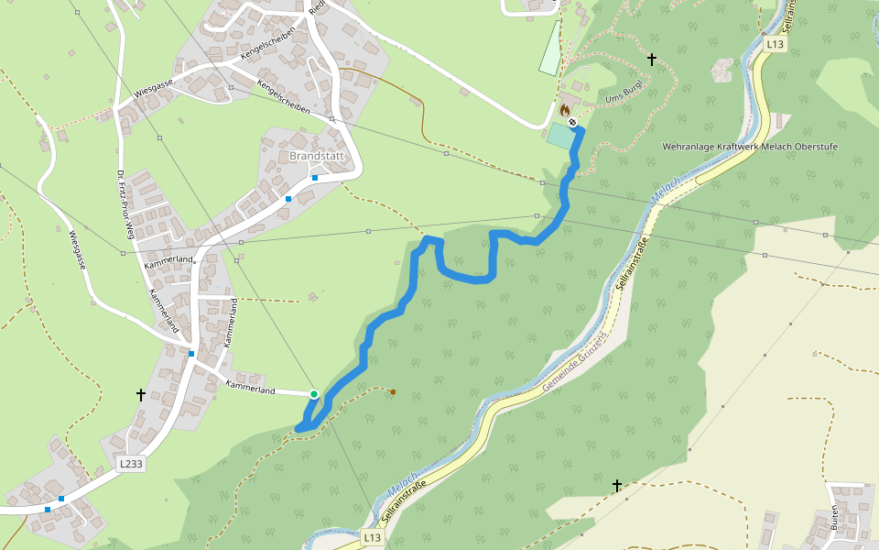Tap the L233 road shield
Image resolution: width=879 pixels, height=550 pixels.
click(132, 465)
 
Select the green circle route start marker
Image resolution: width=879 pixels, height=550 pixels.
click(314, 394)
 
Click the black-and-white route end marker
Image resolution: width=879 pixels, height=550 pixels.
click(572, 121)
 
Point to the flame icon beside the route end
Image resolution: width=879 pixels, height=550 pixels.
click(565, 110)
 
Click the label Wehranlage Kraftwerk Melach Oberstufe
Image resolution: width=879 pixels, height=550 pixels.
click(750, 147)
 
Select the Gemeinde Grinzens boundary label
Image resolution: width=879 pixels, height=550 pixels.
click(575, 365)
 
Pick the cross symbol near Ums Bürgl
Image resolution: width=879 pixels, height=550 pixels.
click(652, 60)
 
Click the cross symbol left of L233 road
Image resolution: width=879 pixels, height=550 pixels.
click(141, 395)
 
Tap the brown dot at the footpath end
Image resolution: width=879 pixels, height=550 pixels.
click(393, 392)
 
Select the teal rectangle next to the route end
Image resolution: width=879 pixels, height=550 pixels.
click(558, 135)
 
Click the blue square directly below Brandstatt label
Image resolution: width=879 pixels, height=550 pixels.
click(314, 178)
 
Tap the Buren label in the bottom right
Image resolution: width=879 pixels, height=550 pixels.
click(835, 518)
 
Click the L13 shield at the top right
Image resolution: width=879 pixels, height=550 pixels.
click(775, 44)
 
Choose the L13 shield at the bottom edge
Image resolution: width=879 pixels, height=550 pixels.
click(371, 536)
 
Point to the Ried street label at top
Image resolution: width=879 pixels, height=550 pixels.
click(317, 8)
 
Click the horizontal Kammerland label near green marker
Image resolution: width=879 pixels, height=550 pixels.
click(251, 390)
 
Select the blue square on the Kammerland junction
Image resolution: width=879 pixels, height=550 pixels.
click(191, 354)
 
